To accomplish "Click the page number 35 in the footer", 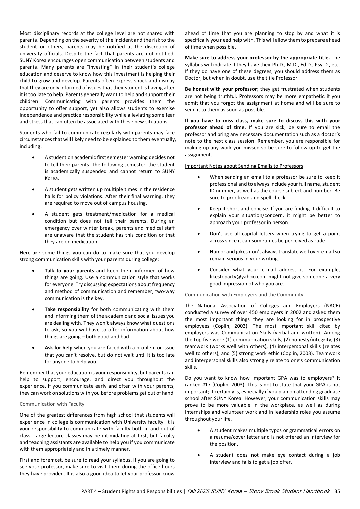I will point(337,491).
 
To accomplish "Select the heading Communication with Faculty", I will point(52,404).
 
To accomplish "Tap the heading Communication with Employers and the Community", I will point(244,295).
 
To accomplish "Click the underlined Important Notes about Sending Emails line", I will point(244,166).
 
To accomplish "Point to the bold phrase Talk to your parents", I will point(69,271).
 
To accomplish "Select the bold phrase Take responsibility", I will point(67,309).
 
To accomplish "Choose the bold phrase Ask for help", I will point(58,348).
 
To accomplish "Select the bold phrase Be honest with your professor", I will point(221,89).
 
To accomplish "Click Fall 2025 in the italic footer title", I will point(198,491).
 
